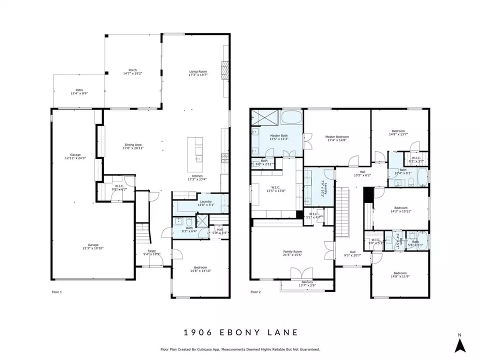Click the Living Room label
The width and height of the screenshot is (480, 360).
(x=198, y=72)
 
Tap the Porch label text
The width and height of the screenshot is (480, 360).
(x=132, y=70)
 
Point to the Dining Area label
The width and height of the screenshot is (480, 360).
(x=133, y=145)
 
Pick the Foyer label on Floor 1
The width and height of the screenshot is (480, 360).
(x=151, y=251)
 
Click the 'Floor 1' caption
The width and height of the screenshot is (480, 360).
(x=57, y=291)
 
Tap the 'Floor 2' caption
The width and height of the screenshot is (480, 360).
(x=255, y=291)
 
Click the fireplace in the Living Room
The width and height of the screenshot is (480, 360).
(x=224, y=67)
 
